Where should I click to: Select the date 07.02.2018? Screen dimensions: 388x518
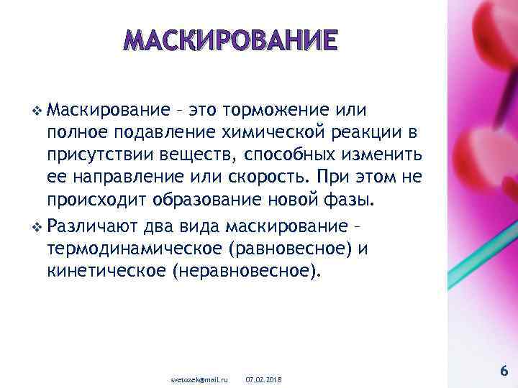click(264, 377)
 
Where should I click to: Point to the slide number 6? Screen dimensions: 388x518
click(503, 370)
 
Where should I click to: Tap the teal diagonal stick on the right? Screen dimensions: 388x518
click(482, 237)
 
